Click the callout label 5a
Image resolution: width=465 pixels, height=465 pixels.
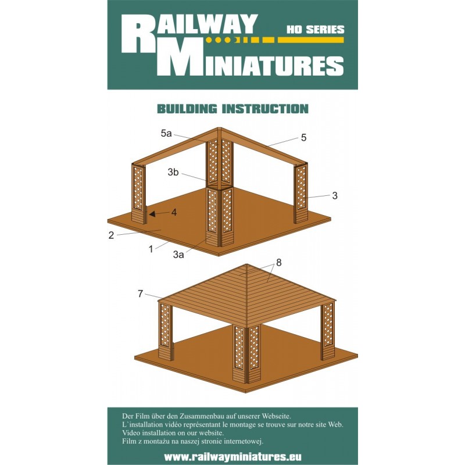(x=166, y=134)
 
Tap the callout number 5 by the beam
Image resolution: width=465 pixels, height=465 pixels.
(x=303, y=138)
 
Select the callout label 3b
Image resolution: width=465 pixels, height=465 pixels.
(x=173, y=171)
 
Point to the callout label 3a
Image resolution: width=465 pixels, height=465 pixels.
(x=178, y=254)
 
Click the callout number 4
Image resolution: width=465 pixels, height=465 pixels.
(x=174, y=212)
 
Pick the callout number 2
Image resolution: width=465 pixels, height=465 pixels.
(x=111, y=235)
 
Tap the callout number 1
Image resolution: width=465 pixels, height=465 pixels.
(x=151, y=249)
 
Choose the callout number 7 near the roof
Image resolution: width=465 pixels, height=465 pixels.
(x=140, y=294)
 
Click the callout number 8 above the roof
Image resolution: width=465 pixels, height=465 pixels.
(x=278, y=263)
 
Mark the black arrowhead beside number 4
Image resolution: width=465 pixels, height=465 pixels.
(x=151, y=214)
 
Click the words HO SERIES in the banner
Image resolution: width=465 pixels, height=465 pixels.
(x=315, y=30)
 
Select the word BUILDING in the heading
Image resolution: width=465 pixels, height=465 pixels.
(x=187, y=109)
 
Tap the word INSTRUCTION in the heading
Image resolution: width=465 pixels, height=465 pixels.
(x=266, y=109)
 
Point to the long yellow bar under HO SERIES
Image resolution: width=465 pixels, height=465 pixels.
(x=310, y=40)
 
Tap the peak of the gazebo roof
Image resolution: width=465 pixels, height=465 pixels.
(x=246, y=264)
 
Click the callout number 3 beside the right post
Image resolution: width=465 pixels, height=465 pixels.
(x=335, y=195)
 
